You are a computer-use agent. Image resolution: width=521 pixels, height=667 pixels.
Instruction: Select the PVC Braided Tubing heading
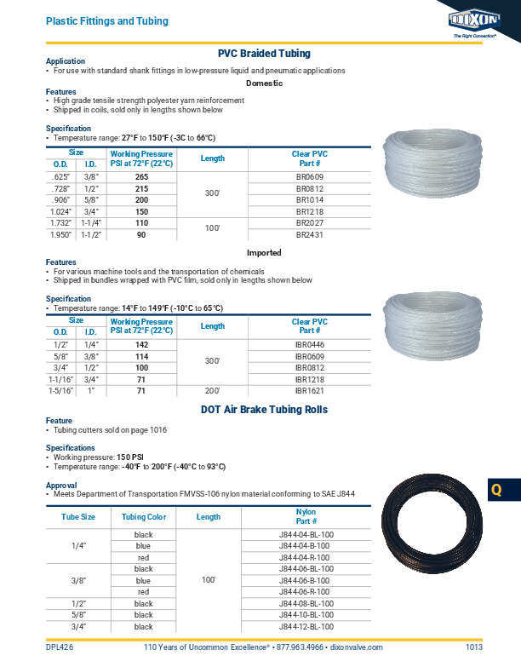click(264, 53)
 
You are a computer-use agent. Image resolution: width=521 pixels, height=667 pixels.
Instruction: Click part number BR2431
click(308, 234)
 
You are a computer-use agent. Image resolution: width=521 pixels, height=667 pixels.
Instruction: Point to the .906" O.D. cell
click(60, 199)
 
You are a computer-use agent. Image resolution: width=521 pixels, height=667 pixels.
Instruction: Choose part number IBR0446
click(308, 344)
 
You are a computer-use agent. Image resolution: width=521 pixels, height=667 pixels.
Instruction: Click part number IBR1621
click(308, 390)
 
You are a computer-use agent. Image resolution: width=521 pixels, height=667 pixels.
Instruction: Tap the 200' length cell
click(212, 390)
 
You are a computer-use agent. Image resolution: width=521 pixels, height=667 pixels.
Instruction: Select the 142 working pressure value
click(141, 344)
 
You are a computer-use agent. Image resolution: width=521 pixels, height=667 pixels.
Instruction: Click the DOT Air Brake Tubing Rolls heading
click(264, 410)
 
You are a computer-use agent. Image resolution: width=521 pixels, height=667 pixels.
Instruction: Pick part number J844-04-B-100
click(308, 545)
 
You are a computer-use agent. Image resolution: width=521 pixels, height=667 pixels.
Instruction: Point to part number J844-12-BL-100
click(308, 626)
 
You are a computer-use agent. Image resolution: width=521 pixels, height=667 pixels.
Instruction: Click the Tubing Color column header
click(144, 516)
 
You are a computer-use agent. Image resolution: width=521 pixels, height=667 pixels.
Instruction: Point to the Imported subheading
click(264, 253)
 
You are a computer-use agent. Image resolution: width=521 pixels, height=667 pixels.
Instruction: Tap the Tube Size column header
click(78, 516)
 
